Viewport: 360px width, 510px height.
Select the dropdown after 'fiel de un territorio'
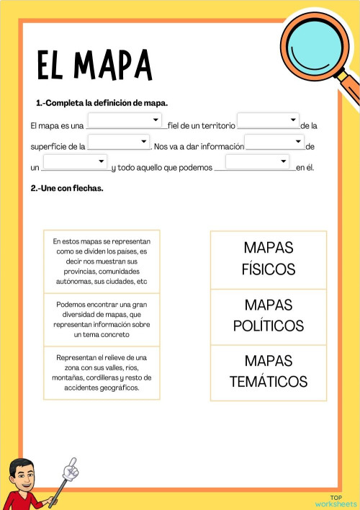268,120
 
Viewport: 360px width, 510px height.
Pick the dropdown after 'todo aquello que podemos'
257,162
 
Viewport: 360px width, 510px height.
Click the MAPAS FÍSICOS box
269,259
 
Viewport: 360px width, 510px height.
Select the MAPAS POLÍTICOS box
269,316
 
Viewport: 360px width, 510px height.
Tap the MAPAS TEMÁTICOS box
269,371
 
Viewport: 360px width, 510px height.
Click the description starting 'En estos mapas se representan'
102,261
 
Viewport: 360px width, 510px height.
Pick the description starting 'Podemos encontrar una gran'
102,319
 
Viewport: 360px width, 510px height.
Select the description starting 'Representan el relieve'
102,372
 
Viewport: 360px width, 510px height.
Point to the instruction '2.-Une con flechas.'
67,188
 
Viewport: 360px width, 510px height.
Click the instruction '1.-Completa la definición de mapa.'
102,103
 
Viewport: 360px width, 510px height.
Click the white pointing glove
70,469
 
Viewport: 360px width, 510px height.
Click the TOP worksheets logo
336,501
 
